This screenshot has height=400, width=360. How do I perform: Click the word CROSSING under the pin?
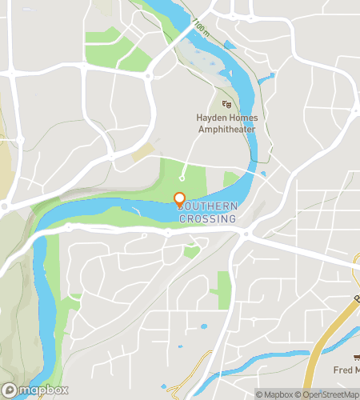click(x=207, y=218)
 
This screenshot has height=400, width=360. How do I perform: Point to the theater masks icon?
click(x=226, y=103)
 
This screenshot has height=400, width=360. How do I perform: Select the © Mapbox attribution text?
click(x=274, y=393)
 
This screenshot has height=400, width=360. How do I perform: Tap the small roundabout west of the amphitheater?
click(x=149, y=77)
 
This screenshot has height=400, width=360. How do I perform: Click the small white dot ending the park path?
click(x=182, y=178)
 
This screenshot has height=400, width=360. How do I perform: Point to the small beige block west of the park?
click(x=142, y=151)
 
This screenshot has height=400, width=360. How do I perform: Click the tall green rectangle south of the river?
click(x=223, y=290)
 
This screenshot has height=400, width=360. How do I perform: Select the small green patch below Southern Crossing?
click(x=191, y=252)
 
